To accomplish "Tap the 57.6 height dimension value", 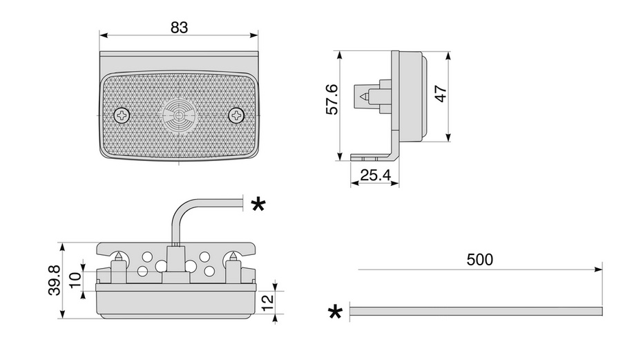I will coord(332,100).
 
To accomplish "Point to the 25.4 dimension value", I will coord(375,176).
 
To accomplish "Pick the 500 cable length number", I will coord(479,260).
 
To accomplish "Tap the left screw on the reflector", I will coord(123,115).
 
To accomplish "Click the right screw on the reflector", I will coord(236,115).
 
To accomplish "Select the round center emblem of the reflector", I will coord(180,115).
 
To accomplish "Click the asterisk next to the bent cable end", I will coord(258,204).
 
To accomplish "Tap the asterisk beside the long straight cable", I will coord(335,312).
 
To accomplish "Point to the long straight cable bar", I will coord(477,312).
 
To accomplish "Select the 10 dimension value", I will coord(75,281).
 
